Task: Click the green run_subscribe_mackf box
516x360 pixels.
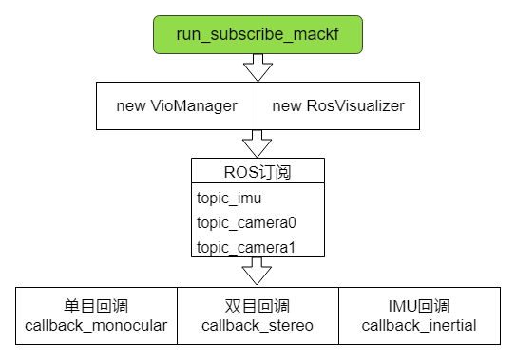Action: (x=258, y=34)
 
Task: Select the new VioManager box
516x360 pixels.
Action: (x=177, y=105)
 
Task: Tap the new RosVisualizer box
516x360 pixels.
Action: (x=338, y=105)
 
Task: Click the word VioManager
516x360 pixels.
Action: (x=193, y=105)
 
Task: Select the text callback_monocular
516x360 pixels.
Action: (x=96, y=326)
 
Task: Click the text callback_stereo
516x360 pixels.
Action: (x=258, y=326)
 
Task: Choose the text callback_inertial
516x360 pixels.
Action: (x=419, y=326)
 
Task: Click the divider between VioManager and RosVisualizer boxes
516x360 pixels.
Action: (x=258, y=105)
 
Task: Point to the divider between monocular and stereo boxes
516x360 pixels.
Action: (x=177, y=315)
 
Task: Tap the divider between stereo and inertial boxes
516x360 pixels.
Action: (x=338, y=315)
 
